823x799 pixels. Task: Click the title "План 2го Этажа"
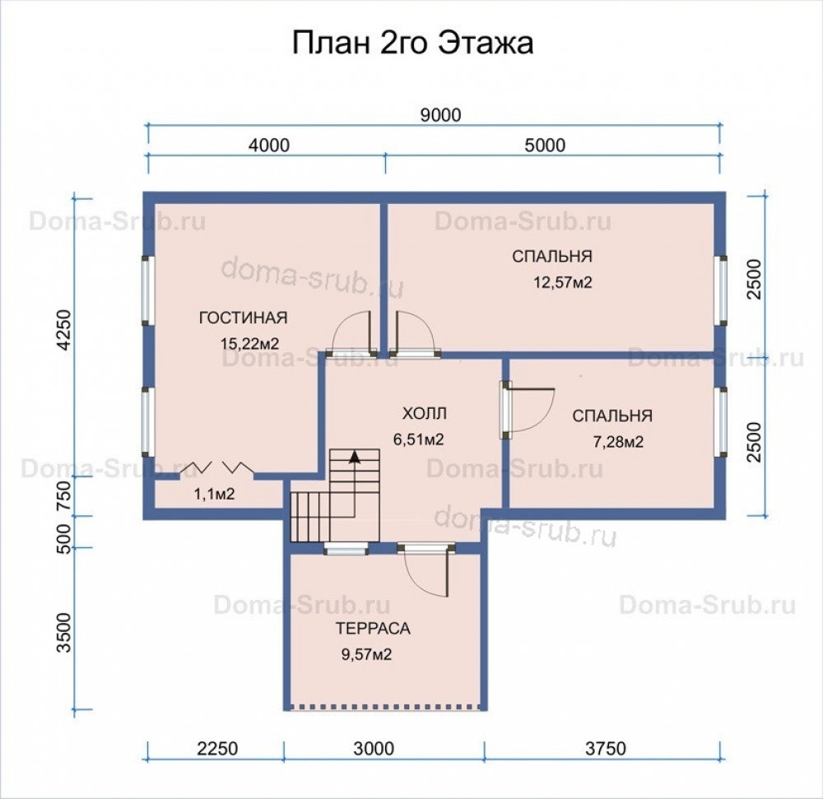tap(412, 43)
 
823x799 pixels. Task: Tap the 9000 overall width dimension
tap(441, 115)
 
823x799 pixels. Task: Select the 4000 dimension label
tap(269, 145)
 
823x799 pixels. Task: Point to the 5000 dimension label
tap(546, 145)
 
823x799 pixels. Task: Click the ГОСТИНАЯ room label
tap(244, 318)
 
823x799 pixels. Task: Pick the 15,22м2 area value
tap(249, 344)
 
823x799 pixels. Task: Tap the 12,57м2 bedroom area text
tap(563, 282)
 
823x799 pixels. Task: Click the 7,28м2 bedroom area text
tap(618, 442)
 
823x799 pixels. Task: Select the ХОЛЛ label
tap(425, 413)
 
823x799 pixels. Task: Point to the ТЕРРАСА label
tap(373, 628)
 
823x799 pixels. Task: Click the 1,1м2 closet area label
tap(214, 494)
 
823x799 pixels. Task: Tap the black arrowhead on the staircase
tap(355, 457)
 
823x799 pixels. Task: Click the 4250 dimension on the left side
tap(63, 329)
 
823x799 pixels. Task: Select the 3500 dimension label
tap(63, 632)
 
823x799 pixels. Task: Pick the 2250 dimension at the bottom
tap(218, 748)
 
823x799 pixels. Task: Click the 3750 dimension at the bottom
tap(606, 748)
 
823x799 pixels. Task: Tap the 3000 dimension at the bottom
tap(374, 748)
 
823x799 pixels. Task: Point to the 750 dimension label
tap(63, 495)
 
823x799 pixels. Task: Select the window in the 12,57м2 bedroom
tap(723, 290)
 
